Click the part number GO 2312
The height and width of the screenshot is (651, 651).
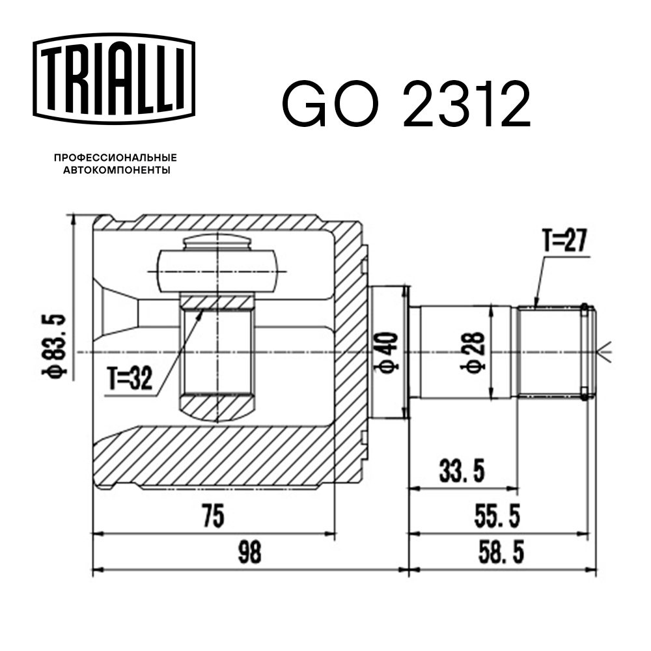tap(406, 104)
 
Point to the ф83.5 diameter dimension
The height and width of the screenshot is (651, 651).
tap(57, 345)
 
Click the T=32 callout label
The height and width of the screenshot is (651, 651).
tap(130, 379)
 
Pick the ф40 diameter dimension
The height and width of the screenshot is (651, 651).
tap(389, 352)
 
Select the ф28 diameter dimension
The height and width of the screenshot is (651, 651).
tap(477, 352)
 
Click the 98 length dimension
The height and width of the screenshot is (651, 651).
tap(249, 553)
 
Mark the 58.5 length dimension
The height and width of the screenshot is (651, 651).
tap(499, 554)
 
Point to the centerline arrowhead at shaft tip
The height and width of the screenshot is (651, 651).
tap(605, 352)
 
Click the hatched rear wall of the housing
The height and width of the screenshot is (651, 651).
tap(348, 352)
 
